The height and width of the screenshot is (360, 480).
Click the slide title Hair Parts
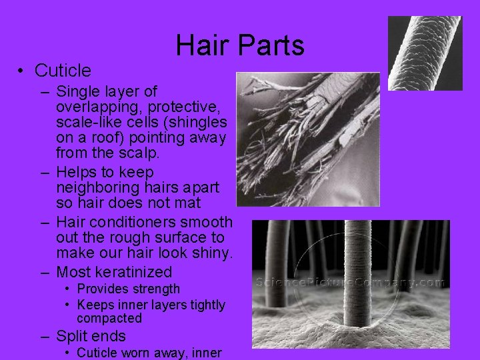coord(240,45)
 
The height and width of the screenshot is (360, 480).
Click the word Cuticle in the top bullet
coord(63,70)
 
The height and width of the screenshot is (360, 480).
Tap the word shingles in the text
coord(201,123)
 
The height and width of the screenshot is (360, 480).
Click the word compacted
coord(109,319)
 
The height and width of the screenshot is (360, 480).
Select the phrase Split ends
coord(91,336)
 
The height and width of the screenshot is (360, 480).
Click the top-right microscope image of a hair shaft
coord(425,53)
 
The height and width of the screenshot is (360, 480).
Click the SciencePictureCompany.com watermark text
coord(351,282)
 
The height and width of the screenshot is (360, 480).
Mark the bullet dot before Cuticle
coord(22,71)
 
